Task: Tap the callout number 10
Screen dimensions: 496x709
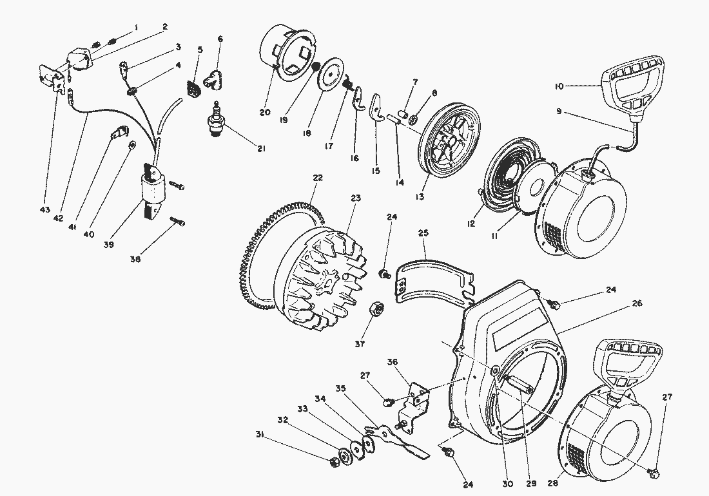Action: (x=559, y=86)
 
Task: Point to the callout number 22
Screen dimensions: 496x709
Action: (x=318, y=178)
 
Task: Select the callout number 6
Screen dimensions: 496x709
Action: (x=220, y=39)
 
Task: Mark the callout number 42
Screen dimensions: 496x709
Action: (x=58, y=218)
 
